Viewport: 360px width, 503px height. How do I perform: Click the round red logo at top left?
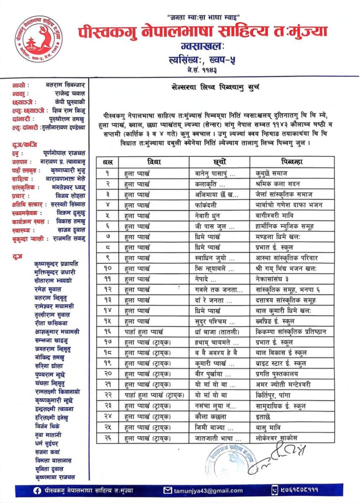click(38, 38)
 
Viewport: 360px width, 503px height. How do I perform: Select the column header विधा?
click(154, 161)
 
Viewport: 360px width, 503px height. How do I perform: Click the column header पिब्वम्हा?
click(292, 161)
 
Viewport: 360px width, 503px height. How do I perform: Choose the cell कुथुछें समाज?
click(272, 173)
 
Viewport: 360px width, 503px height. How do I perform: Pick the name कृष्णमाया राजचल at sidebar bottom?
click(55, 476)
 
